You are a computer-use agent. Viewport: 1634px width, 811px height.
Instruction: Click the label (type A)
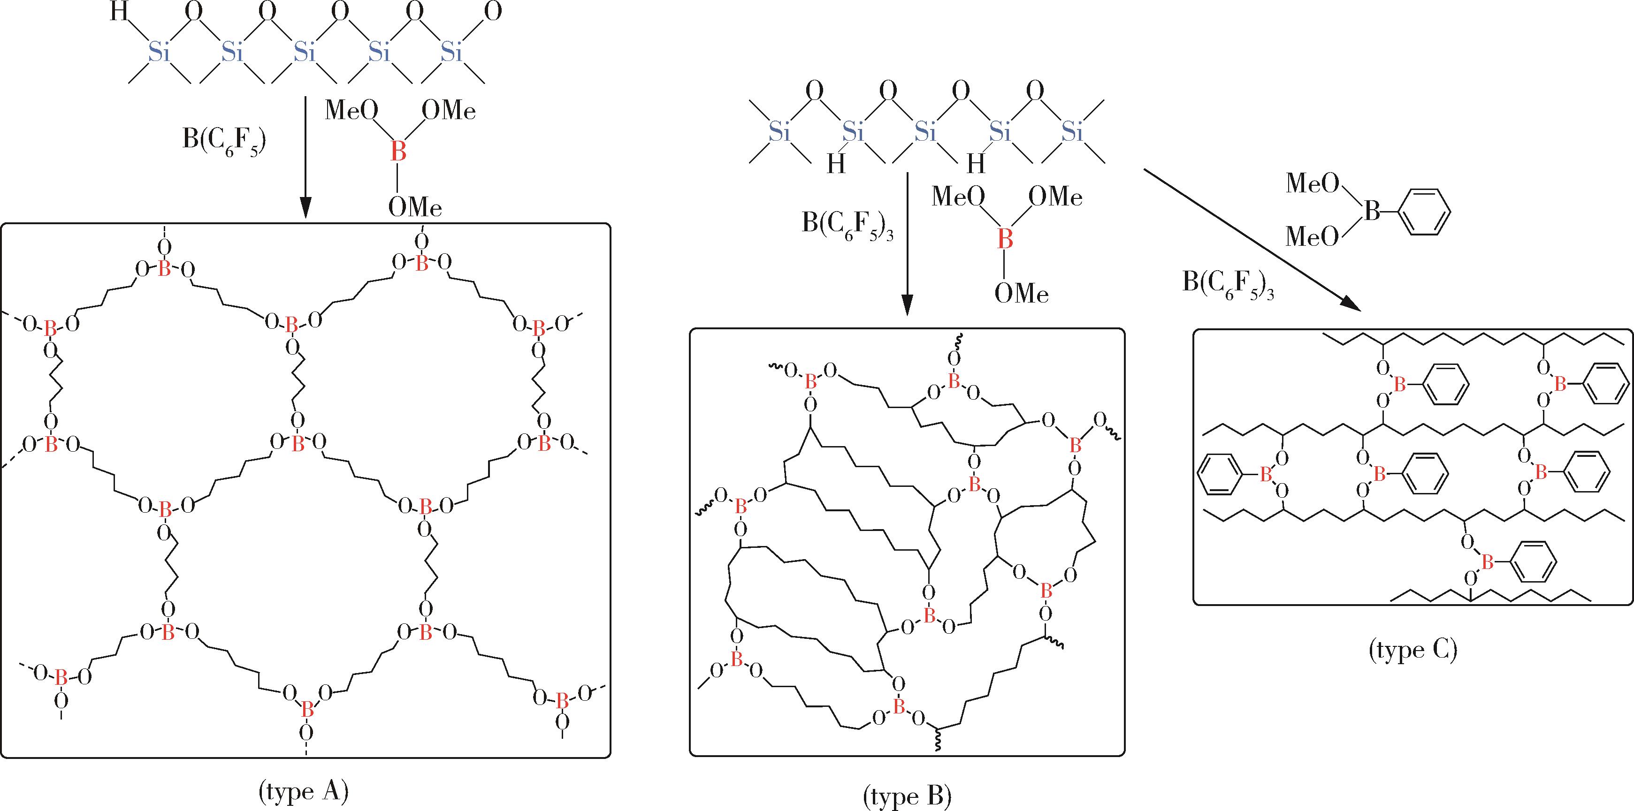(x=304, y=791)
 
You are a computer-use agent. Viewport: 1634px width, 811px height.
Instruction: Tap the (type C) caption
(x=1413, y=651)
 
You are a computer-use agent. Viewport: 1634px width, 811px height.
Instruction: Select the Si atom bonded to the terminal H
(x=159, y=52)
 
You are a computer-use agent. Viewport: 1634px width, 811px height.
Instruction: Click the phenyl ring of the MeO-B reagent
(x=1424, y=212)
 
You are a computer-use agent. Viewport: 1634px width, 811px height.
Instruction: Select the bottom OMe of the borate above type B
(x=1021, y=293)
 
